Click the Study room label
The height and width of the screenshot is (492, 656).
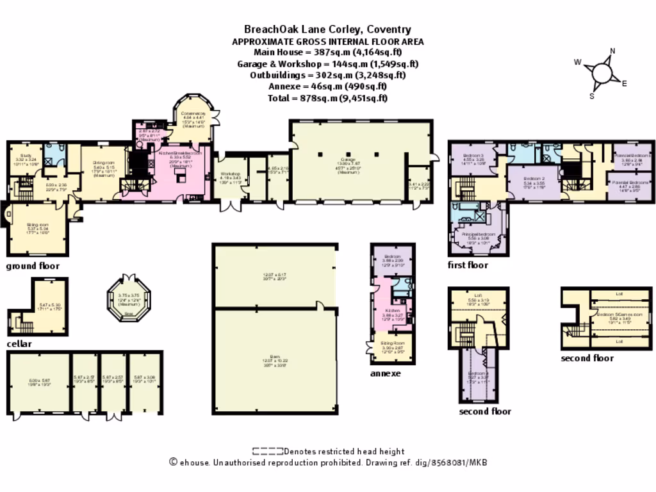26,155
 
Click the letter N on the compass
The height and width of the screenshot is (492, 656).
612,52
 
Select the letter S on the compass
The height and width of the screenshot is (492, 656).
592,96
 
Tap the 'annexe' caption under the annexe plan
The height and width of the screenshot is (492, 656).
385,373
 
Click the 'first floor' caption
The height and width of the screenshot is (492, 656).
468,265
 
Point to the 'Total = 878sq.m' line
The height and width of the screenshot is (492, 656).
328,98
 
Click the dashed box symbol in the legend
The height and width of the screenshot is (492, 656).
267,452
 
